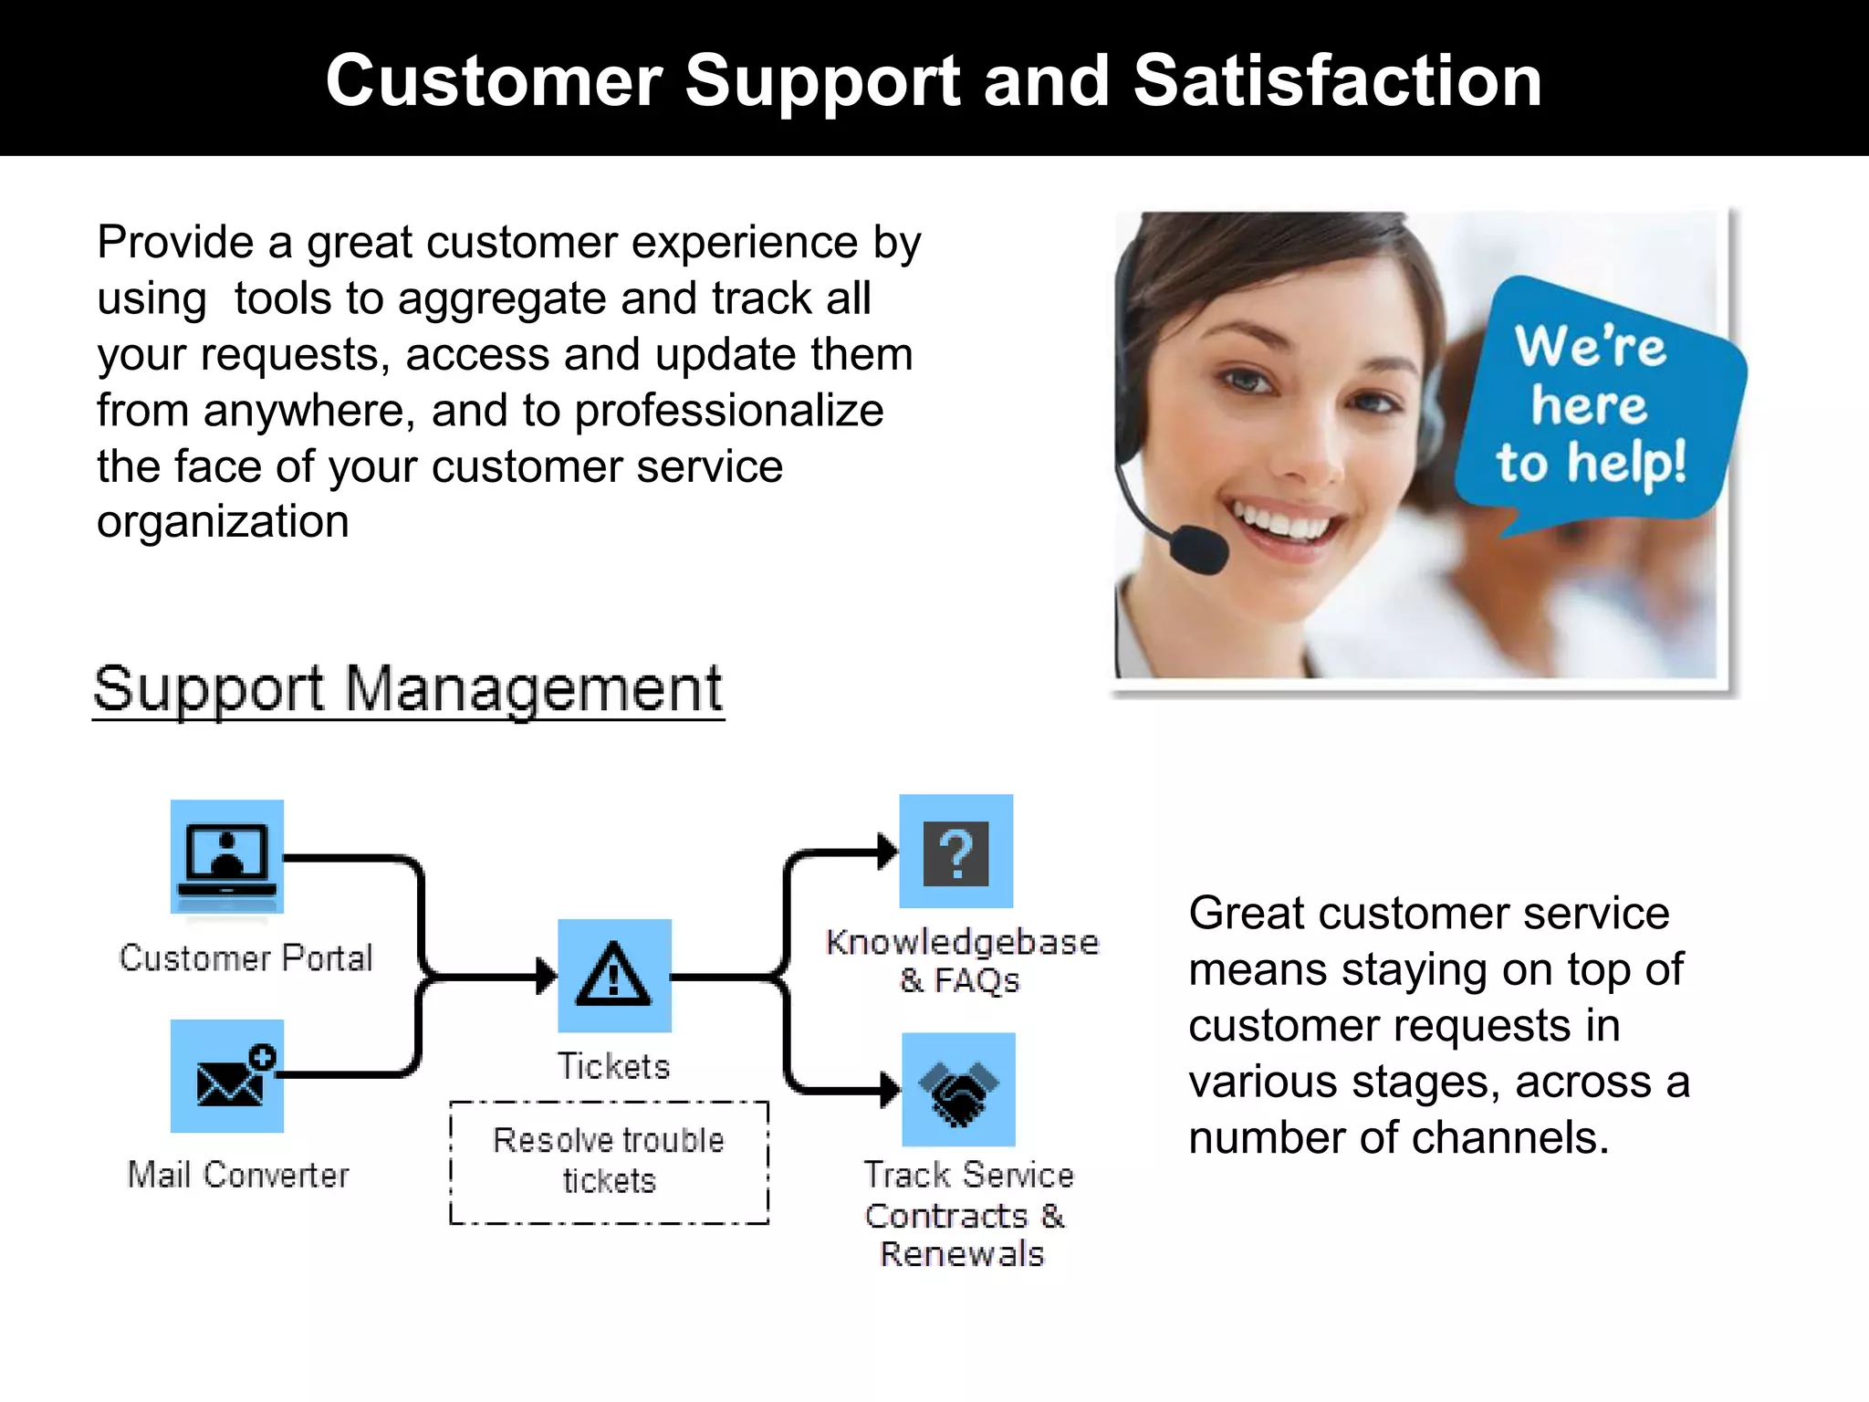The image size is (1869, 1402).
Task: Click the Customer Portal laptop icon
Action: tap(226, 856)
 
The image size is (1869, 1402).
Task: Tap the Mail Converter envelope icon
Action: tap(226, 1076)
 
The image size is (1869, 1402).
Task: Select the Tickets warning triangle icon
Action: tap(614, 976)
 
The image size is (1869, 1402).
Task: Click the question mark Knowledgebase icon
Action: tap(955, 852)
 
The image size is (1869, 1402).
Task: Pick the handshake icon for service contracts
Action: tap(958, 1090)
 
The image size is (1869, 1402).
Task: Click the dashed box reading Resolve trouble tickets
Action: tap(609, 1161)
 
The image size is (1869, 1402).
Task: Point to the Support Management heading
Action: tap(408, 688)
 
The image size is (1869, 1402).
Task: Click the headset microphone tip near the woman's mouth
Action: tap(1199, 549)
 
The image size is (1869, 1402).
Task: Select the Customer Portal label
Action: tap(245, 958)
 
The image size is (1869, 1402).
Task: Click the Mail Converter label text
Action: tap(238, 1175)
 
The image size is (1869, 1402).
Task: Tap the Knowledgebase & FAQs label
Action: tap(961, 960)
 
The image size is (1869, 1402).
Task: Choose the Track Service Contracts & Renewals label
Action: tap(966, 1214)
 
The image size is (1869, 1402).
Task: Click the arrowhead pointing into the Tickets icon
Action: tap(547, 977)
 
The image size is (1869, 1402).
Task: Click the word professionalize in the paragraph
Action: tap(728, 411)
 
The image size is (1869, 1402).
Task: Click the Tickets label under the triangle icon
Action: tap(613, 1066)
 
